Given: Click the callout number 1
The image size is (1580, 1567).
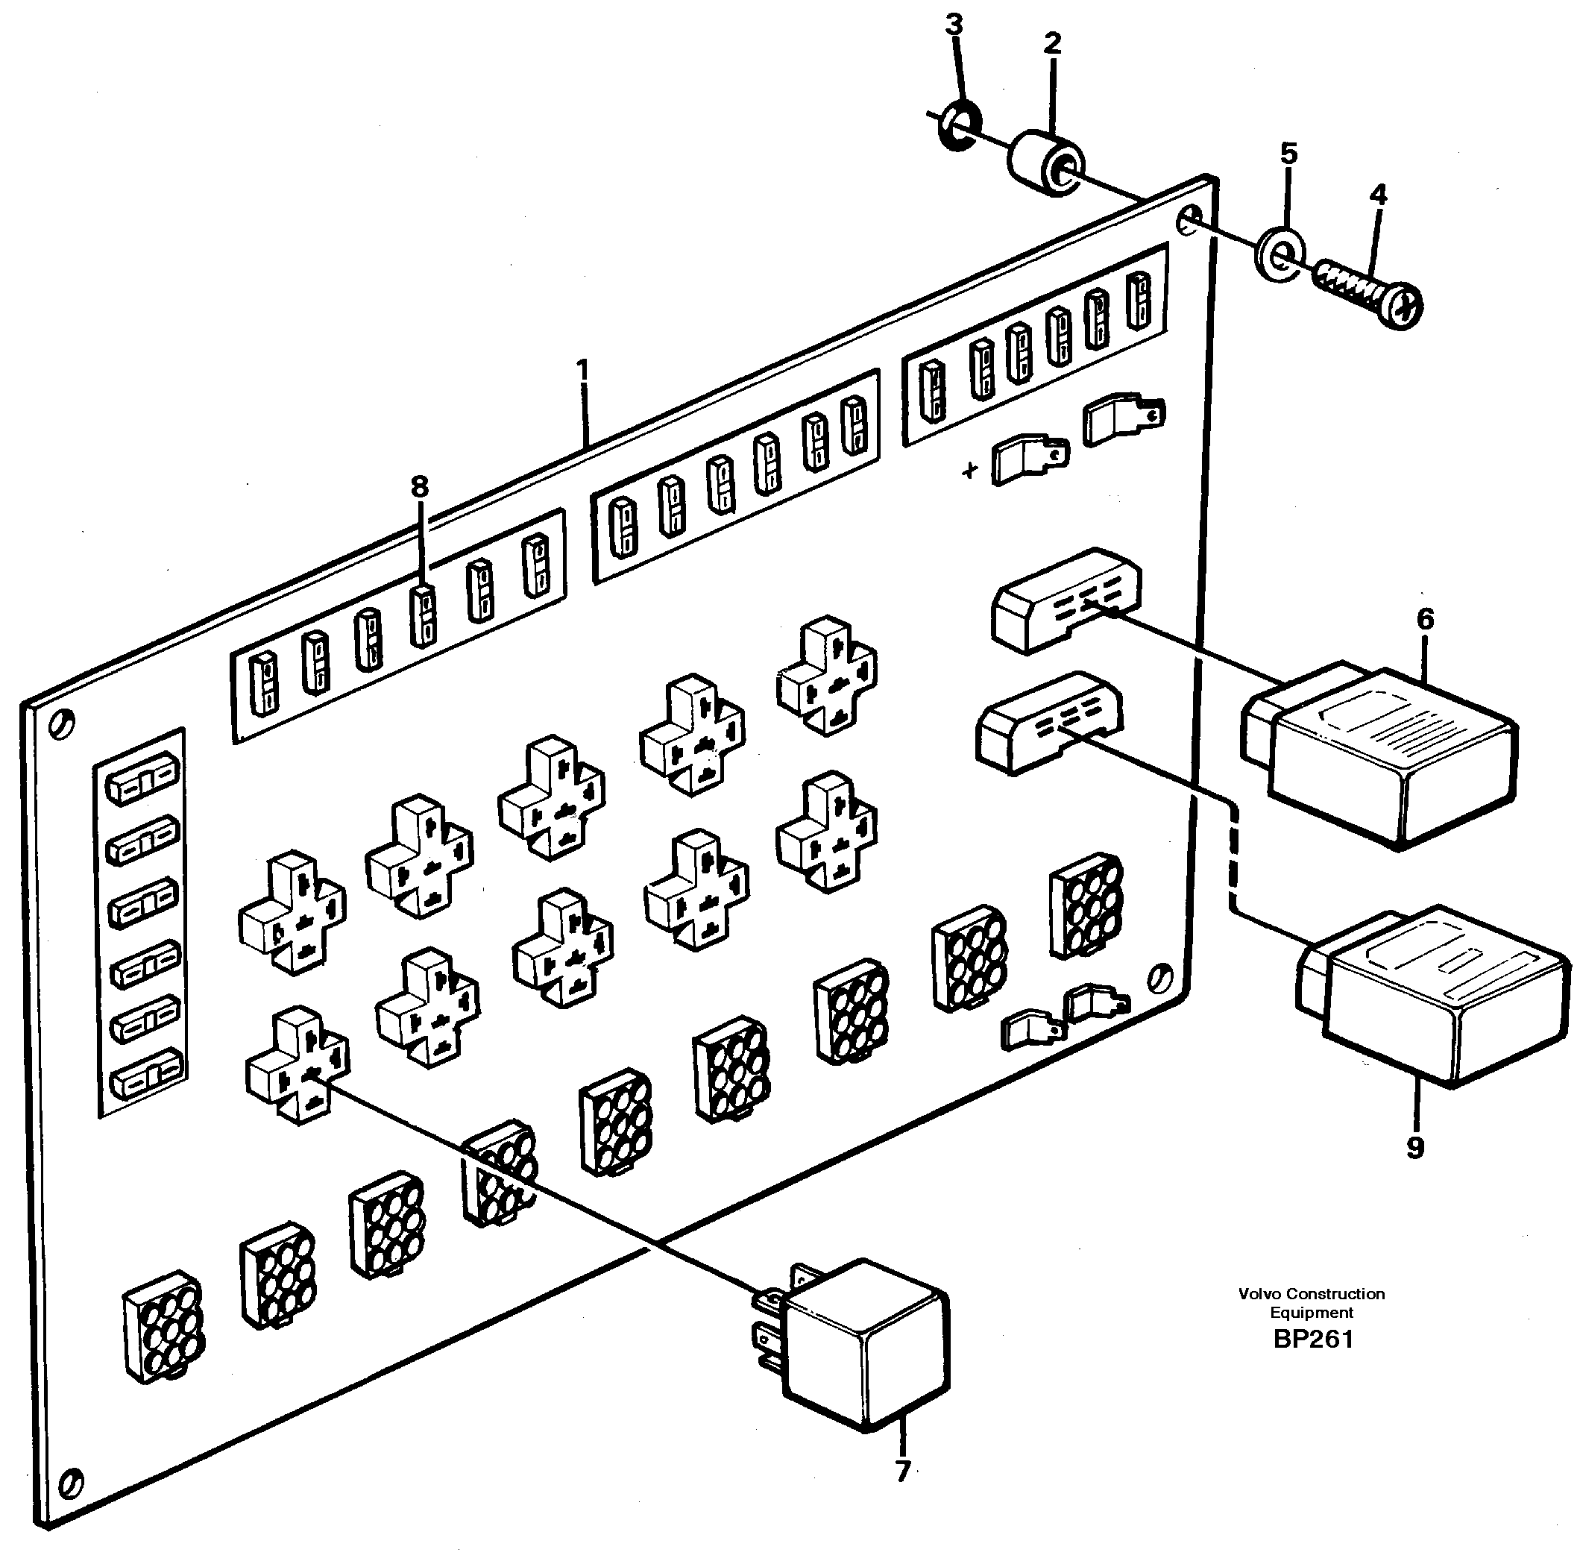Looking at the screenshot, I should point(582,371).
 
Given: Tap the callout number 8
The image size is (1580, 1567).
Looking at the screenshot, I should point(419,488).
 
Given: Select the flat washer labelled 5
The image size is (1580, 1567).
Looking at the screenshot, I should point(1280,255).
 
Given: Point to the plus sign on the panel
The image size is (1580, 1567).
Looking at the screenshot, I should point(969,471).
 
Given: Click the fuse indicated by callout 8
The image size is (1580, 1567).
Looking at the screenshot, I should point(423,615).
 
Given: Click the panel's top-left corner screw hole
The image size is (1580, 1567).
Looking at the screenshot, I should point(62,723).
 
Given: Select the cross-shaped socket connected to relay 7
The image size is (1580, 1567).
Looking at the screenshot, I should point(298,1066).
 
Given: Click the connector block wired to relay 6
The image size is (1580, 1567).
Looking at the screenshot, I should point(1066,599).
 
